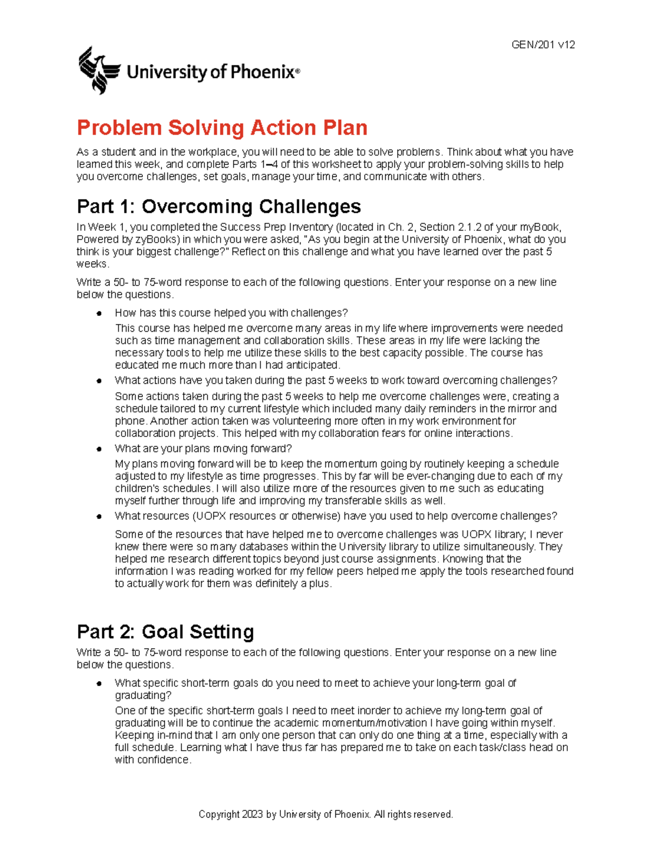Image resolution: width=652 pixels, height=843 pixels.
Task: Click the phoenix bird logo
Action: point(99,70)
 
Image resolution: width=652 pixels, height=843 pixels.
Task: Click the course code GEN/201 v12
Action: point(543,45)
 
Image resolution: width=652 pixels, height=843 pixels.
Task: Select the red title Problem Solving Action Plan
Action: point(222,128)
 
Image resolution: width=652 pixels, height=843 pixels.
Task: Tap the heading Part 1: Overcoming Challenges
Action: point(218,207)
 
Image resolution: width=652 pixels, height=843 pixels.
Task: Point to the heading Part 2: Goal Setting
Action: point(165,632)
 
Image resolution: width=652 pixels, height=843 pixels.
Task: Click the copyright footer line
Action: point(325,814)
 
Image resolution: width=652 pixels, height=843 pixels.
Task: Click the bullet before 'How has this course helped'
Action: point(99,313)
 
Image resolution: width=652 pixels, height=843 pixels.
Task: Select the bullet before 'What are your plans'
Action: point(99,449)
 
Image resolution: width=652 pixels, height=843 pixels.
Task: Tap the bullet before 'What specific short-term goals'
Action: point(99,683)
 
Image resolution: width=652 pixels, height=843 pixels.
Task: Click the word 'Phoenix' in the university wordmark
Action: point(263,72)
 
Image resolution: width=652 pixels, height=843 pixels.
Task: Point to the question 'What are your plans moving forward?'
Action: point(203,448)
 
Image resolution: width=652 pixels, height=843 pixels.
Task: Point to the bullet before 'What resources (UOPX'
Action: point(99,516)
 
